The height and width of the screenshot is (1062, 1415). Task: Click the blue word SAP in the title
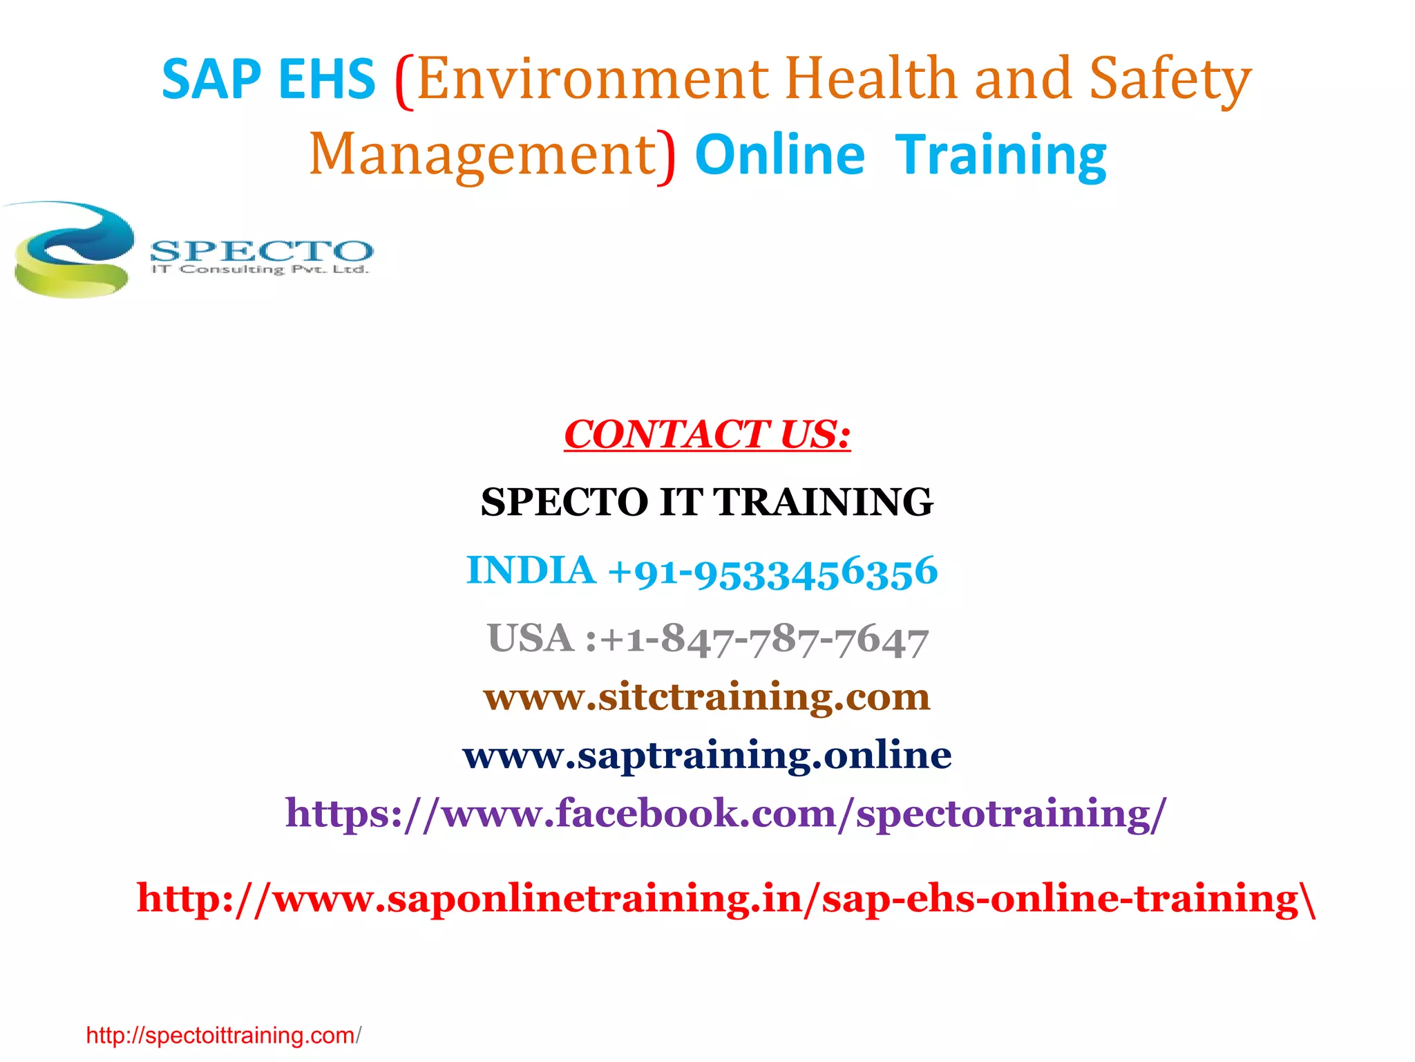pyautogui.click(x=211, y=80)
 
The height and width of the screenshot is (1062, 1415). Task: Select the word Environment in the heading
pyautogui.click(x=593, y=80)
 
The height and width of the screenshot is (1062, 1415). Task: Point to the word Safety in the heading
pyautogui.click(x=1170, y=80)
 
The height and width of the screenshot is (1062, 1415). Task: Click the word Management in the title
pyautogui.click(x=482, y=155)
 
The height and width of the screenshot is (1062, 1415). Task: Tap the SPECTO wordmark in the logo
pyautogui.click(x=261, y=250)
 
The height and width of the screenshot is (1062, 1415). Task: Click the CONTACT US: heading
pyautogui.click(x=707, y=435)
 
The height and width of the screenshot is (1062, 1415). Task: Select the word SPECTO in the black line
pyautogui.click(x=564, y=502)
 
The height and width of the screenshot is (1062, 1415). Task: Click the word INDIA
pyautogui.click(x=531, y=570)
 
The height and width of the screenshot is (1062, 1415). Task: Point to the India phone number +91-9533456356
pyautogui.click(x=772, y=572)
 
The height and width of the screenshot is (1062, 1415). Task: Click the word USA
pyautogui.click(x=531, y=638)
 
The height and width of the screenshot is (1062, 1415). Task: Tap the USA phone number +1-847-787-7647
pyautogui.click(x=763, y=640)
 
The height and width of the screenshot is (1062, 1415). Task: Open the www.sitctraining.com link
pyautogui.click(x=707, y=696)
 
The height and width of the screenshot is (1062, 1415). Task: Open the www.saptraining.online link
pyautogui.click(x=707, y=754)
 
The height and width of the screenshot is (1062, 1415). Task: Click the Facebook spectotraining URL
pyautogui.click(x=725, y=812)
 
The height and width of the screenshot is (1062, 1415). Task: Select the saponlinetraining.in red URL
pyautogui.click(x=725, y=898)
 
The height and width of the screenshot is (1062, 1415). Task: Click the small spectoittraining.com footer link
pyautogui.click(x=222, y=1035)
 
